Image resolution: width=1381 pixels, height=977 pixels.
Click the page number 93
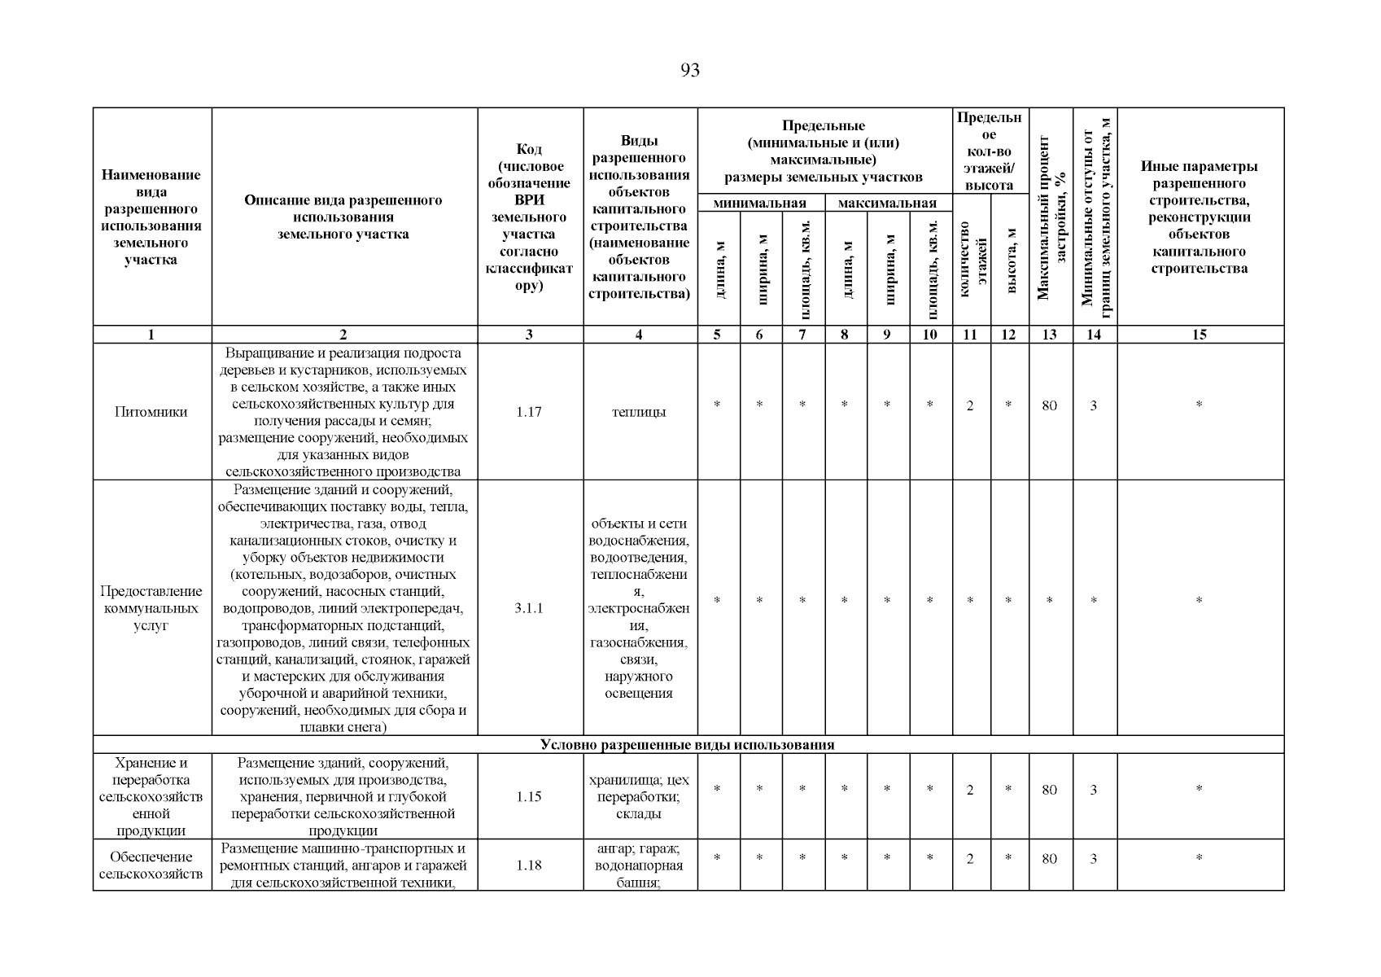tap(689, 71)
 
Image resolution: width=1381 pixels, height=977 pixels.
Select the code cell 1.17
tap(529, 412)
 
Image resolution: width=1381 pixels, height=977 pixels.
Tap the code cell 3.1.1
tap(529, 608)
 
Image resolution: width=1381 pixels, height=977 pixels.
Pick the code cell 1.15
tap(529, 796)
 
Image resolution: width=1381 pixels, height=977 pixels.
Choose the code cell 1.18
tap(529, 865)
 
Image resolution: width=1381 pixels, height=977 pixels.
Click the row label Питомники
tap(151, 412)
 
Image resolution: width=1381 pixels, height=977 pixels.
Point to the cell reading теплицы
tap(639, 412)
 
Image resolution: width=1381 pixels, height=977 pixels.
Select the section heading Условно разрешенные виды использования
tap(688, 744)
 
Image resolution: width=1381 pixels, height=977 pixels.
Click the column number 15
tap(1199, 334)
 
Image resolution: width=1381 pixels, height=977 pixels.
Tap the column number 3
tap(529, 334)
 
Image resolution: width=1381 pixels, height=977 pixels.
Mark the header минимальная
tap(759, 203)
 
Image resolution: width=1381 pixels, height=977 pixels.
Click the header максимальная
tap(887, 203)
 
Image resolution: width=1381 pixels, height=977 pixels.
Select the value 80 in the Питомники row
tap(1050, 405)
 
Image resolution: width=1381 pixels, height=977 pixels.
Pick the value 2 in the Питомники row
tap(970, 405)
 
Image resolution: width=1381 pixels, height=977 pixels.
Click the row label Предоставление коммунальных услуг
tap(151, 608)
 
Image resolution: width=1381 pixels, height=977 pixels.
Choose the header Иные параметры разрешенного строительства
tap(1199, 217)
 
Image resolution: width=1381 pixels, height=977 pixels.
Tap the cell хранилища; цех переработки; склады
tap(639, 796)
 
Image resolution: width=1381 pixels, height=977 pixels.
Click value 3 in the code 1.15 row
tap(1093, 790)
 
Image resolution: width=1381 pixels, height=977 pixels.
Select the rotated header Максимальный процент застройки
tap(1050, 216)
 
